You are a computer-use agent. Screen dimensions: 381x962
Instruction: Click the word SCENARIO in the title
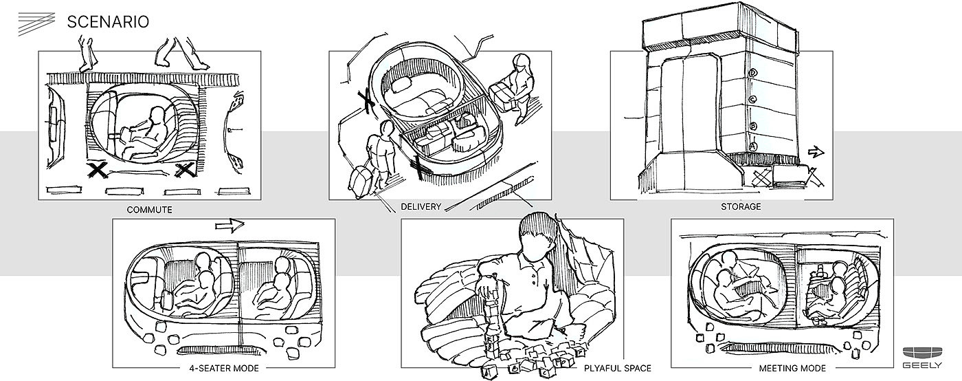(x=108, y=23)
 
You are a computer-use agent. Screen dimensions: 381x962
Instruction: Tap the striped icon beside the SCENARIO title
(x=36, y=24)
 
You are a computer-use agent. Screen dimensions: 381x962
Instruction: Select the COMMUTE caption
(x=149, y=209)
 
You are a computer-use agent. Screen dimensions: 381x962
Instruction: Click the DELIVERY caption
(x=421, y=206)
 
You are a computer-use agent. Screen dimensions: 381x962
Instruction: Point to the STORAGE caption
(x=740, y=206)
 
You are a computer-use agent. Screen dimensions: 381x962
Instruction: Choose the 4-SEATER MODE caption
(x=223, y=368)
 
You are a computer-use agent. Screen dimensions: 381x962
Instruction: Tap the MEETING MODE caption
(x=783, y=368)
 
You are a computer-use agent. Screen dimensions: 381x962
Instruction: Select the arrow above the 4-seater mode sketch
(x=230, y=225)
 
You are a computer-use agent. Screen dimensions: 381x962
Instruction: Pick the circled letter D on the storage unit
(x=753, y=73)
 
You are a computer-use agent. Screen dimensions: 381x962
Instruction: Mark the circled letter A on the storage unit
(x=753, y=146)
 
